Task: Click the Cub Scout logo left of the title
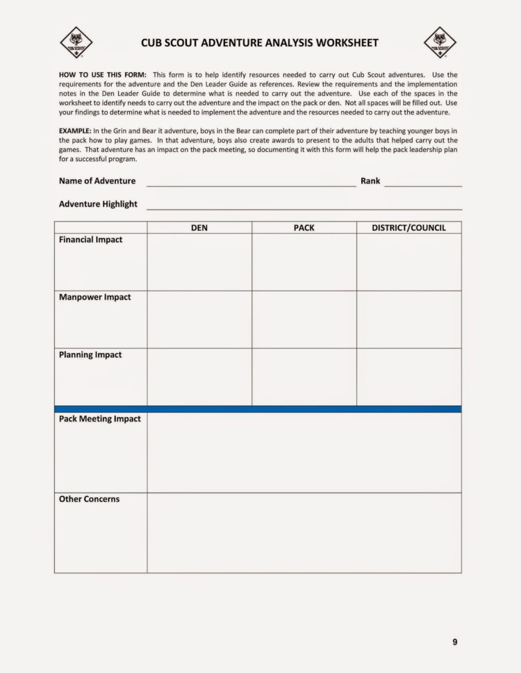(x=76, y=42)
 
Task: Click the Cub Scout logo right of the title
(x=440, y=42)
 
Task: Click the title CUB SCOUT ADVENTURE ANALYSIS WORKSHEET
(x=260, y=43)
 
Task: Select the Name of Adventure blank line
(x=251, y=185)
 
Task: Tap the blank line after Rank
(x=422, y=185)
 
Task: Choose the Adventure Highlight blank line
(x=304, y=207)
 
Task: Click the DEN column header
(x=199, y=228)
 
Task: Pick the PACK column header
(x=304, y=228)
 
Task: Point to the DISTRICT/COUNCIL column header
(x=409, y=228)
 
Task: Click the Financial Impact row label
(x=90, y=240)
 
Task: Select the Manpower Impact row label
(x=94, y=298)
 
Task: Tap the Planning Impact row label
(x=90, y=355)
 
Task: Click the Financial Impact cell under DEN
(x=199, y=262)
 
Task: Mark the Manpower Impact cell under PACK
(x=304, y=320)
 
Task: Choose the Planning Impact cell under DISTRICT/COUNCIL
(x=409, y=377)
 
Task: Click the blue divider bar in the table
(x=258, y=409)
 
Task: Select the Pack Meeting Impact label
(x=99, y=419)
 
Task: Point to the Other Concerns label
(x=89, y=500)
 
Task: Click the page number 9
(x=455, y=642)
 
